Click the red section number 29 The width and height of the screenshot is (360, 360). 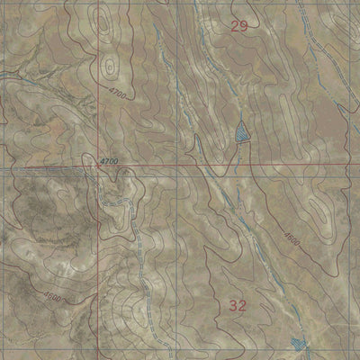pyautogui.click(x=238, y=26)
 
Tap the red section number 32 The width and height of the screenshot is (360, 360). pyautogui.click(x=238, y=306)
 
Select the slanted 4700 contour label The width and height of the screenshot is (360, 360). pyautogui.click(x=120, y=94)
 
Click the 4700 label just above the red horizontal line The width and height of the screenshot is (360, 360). pyautogui.click(x=108, y=160)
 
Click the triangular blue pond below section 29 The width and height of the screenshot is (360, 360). pyautogui.click(x=240, y=133)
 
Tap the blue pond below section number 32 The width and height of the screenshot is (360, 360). pyautogui.click(x=298, y=343)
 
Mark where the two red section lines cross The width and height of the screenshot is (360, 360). pyautogui.click(x=98, y=167)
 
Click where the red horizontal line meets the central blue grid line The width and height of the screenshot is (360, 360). pyautogui.click(x=177, y=166)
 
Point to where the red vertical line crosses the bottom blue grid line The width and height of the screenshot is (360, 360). pyautogui.click(x=98, y=332)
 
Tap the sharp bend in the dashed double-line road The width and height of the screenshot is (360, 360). pyautogui.click(x=100, y=208)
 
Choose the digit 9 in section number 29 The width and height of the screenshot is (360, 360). pyautogui.click(x=243, y=26)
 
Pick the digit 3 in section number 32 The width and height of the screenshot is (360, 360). pyautogui.click(x=233, y=306)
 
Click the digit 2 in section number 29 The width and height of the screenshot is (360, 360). pyautogui.click(x=234, y=26)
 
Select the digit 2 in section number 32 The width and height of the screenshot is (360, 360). pyautogui.click(x=242, y=306)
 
